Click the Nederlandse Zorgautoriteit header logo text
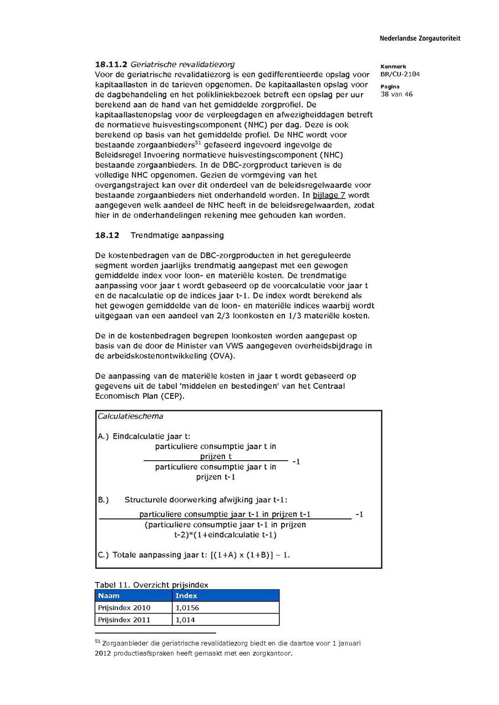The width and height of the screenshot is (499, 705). pyautogui.click(x=420, y=39)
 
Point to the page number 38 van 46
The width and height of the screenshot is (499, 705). pyautogui.click(x=396, y=94)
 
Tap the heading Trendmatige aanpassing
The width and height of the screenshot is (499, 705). pyautogui.click(x=177, y=235)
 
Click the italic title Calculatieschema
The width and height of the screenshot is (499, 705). pyautogui.click(x=130, y=416)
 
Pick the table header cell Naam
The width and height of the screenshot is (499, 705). pyautogui.click(x=109, y=596)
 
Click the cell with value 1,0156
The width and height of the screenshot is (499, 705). pyautogui.click(x=187, y=608)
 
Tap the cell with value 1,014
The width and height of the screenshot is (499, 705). pyautogui.click(x=185, y=620)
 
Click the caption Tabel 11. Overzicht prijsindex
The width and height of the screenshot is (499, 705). pyautogui.click(x=151, y=585)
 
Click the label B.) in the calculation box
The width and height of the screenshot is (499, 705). pyautogui.click(x=104, y=500)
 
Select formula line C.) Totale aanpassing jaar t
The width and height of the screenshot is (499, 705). pyautogui.click(x=194, y=554)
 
